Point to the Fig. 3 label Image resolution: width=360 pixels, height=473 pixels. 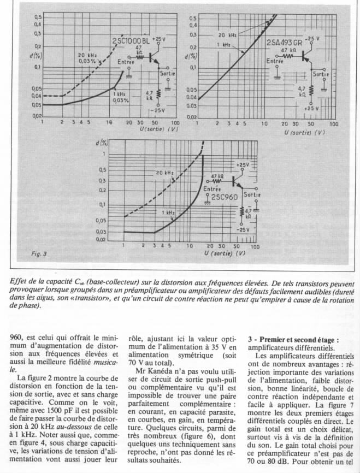40,254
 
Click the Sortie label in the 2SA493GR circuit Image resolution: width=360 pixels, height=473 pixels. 321,74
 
